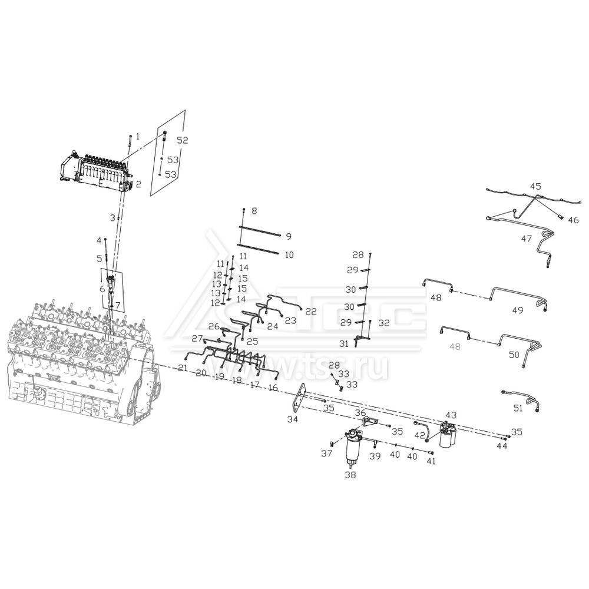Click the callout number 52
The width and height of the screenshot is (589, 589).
tap(182, 140)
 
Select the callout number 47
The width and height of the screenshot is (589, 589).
tap(526, 239)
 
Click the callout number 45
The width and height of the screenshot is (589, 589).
tap(535, 186)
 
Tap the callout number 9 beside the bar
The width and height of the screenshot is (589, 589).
tap(289, 237)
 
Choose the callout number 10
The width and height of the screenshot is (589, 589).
tap(289, 255)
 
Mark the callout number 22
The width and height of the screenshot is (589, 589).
tap(310, 311)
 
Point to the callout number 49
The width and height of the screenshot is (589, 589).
tap(517, 310)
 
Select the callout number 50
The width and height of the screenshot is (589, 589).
tap(514, 355)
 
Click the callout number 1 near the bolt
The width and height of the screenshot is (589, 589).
tap(138, 136)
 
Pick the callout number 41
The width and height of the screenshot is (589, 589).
tap(431, 461)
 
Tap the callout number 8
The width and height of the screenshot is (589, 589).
tap(254, 210)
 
